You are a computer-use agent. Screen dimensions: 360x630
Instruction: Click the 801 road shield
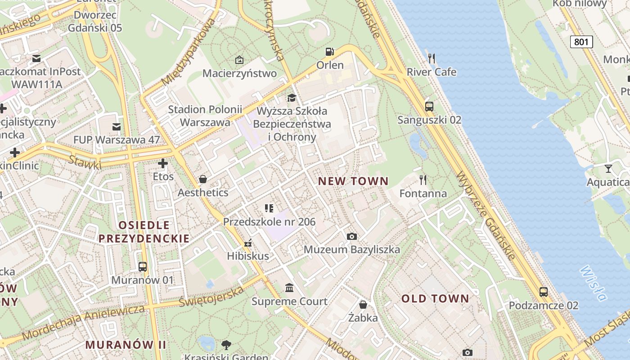pos(581,42)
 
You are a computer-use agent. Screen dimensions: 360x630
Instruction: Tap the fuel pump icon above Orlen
pos(330,52)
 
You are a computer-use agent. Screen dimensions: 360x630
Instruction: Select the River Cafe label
pos(431,72)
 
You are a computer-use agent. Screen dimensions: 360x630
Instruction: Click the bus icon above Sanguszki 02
pos(429,107)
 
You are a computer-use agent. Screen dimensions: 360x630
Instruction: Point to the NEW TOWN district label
pos(353,181)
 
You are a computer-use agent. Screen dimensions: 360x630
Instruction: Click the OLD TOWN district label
pos(435,298)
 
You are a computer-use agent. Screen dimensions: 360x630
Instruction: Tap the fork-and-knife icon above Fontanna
pos(423,180)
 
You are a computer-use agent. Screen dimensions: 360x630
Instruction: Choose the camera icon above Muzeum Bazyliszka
pos(352,236)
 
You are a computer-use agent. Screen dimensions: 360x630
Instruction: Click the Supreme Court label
pos(289,301)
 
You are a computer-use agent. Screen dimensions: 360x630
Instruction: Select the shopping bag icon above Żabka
pos(363,305)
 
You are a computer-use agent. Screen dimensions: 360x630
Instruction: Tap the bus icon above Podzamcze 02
pos(543,292)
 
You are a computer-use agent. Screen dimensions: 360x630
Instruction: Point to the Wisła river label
pos(593,283)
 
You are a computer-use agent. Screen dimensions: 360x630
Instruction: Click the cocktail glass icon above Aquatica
pos(608,169)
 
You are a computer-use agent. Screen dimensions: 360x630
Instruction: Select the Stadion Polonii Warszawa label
pos(205,116)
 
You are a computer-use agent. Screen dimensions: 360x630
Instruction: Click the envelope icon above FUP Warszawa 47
pos(117,126)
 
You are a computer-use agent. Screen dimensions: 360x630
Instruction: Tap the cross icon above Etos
pos(163,163)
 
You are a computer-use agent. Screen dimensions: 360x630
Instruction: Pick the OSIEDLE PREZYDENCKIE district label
pos(144,232)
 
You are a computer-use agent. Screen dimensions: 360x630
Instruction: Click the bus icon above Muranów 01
pos(142,267)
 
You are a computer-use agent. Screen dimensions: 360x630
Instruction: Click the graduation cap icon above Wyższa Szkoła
pos(292,98)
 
